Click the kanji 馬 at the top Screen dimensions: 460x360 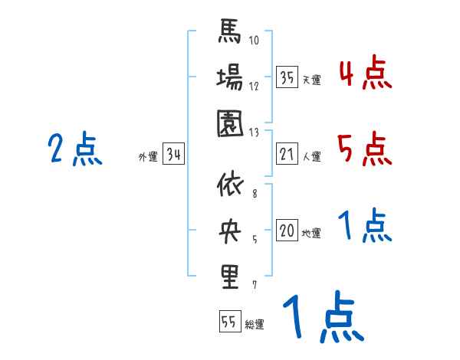(229, 34)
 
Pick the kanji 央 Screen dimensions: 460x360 (229, 231)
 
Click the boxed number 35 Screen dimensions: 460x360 (287, 77)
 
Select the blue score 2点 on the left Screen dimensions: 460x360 (74, 149)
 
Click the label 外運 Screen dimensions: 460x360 (147, 157)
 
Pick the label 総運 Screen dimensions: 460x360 (254, 324)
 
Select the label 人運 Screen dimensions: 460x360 (311, 157)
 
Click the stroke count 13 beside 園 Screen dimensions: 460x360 (255, 131)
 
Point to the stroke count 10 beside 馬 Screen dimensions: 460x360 (255, 41)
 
